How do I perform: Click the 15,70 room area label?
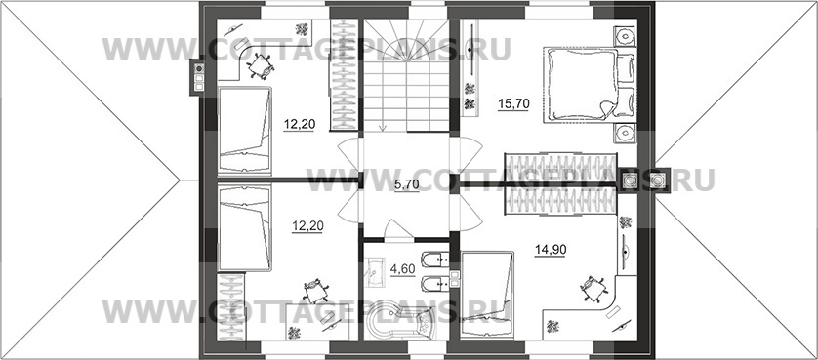tap(513, 104)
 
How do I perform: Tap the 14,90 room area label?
tap(551, 250)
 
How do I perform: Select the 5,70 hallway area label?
tap(406, 185)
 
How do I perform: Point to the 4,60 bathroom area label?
tap(402, 269)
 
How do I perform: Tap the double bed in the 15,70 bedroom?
tap(580, 85)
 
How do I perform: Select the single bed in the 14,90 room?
tap(488, 295)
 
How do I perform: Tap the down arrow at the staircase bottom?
tap(383, 126)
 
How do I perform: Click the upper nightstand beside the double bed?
tap(625, 36)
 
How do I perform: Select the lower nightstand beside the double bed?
tap(625, 134)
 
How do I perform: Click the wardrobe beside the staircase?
tap(344, 74)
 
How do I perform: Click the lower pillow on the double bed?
tap(625, 101)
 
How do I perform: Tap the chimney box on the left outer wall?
tap(199, 77)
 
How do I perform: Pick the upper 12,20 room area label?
tap(299, 125)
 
